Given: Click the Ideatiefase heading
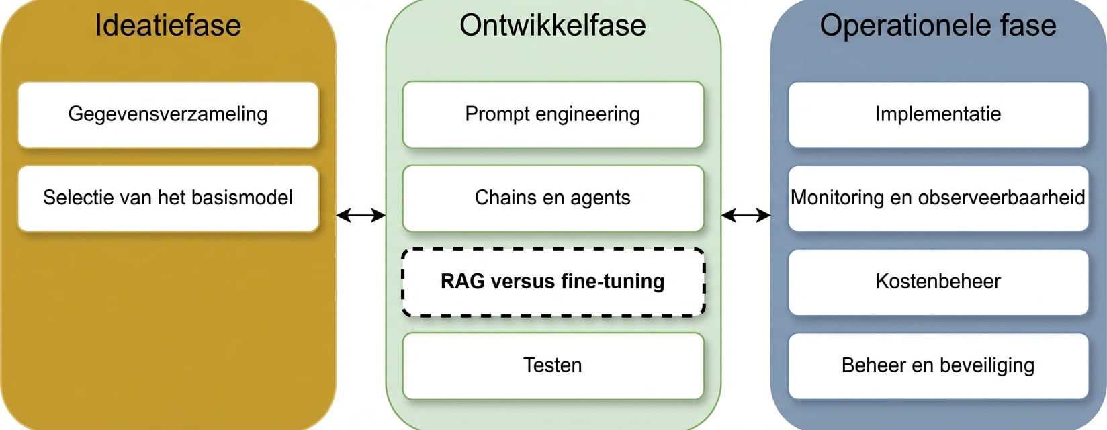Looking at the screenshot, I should (168, 26).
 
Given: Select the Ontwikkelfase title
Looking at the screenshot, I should (553, 26).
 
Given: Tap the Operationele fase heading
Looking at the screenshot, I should (938, 26).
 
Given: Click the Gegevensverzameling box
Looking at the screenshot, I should (168, 114).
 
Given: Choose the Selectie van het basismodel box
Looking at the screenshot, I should (168, 198).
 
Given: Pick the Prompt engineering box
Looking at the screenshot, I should (553, 114).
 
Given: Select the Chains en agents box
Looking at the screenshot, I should (553, 198).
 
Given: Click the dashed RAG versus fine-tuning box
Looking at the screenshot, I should (553, 282).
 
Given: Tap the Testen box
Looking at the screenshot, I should (553, 365).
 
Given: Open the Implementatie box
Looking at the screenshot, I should (938, 114).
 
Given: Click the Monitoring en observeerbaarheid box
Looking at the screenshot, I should (938, 198).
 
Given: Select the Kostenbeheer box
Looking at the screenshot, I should (938, 282).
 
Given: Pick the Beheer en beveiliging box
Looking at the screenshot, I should (938, 365).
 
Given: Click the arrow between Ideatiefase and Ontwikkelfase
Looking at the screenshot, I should (361, 216).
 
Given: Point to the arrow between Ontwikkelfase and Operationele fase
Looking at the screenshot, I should (746, 216).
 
